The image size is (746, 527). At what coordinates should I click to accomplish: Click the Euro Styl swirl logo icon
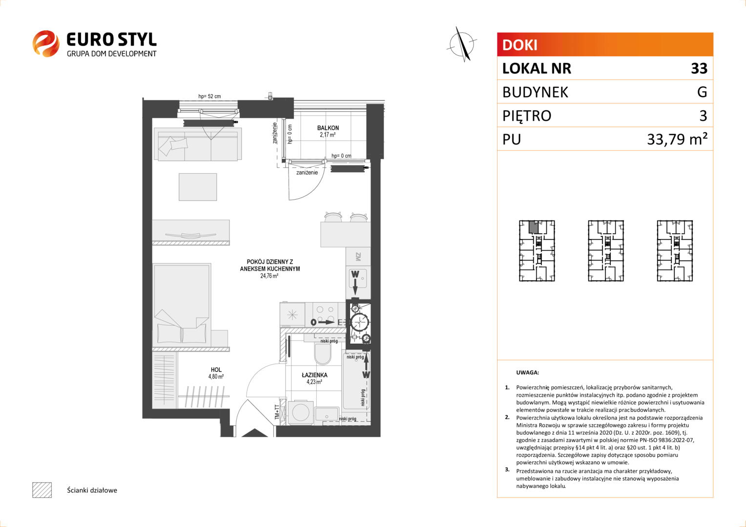click(46, 43)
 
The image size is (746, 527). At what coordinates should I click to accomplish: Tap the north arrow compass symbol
click(462, 44)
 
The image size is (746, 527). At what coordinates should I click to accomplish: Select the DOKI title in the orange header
click(519, 45)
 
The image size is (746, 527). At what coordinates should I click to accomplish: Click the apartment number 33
click(699, 68)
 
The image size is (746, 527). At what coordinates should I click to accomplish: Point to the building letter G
click(702, 92)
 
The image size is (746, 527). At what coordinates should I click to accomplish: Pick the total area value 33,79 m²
click(677, 139)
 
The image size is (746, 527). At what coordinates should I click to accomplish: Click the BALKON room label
click(328, 128)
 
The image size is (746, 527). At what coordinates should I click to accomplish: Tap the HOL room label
click(216, 369)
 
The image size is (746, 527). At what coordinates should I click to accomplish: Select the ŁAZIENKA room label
click(314, 375)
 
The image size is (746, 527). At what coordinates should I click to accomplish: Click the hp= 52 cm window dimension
click(209, 96)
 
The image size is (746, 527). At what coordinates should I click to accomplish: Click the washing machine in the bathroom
click(301, 413)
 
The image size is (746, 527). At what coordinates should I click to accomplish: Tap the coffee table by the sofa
click(198, 187)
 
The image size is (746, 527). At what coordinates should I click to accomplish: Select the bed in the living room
click(182, 304)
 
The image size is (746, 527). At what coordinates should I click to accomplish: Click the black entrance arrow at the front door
click(254, 432)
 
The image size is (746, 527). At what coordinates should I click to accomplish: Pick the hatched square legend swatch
click(42, 490)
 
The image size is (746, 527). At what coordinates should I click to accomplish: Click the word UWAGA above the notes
click(528, 372)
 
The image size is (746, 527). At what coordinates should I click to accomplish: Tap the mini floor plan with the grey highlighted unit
click(537, 251)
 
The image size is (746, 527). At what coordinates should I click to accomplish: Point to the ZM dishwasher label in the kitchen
click(358, 256)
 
